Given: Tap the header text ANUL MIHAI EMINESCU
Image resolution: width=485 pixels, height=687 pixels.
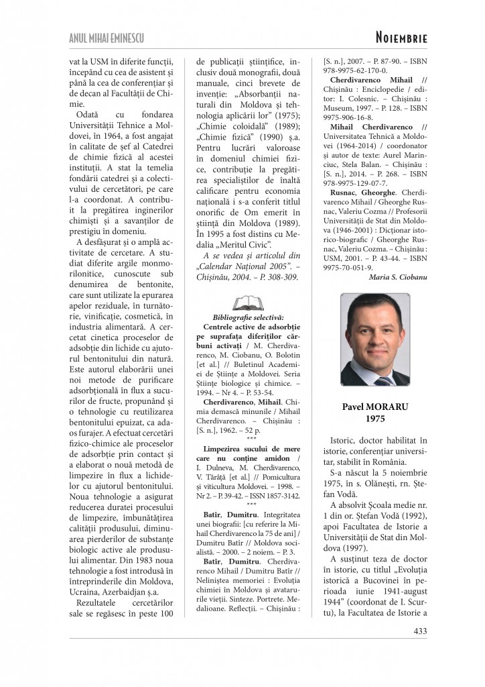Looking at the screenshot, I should click(x=107, y=38).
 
